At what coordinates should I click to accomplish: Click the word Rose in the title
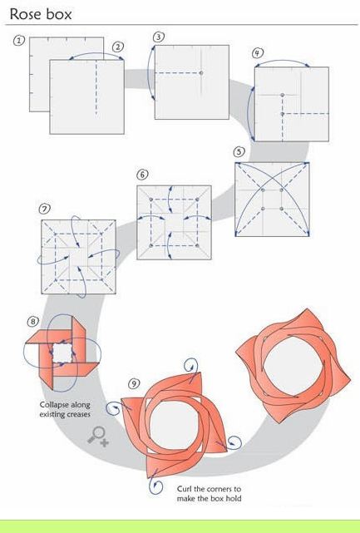coord(26,14)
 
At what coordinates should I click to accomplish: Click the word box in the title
coord(59,14)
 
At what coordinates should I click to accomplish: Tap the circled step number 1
coord(19,41)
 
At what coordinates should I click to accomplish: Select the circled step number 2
coord(117,47)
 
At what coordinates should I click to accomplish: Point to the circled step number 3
coord(159,37)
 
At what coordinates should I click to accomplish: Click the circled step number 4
coord(258,53)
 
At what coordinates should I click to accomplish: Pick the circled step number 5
coord(239,151)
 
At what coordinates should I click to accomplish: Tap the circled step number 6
coord(142,175)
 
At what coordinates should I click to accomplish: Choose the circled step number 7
coord(44,209)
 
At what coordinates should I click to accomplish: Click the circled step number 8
coord(32,322)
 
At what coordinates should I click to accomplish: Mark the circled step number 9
coord(134,384)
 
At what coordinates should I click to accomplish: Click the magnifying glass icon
coord(98,437)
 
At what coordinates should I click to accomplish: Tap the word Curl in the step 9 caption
coord(185,489)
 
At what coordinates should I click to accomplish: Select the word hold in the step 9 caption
coord(234,498)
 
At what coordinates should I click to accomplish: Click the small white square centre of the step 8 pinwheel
coord(62,353)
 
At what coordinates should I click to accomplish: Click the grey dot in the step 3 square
coord(201,73)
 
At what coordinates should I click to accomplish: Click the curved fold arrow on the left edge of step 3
coord(148,72)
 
